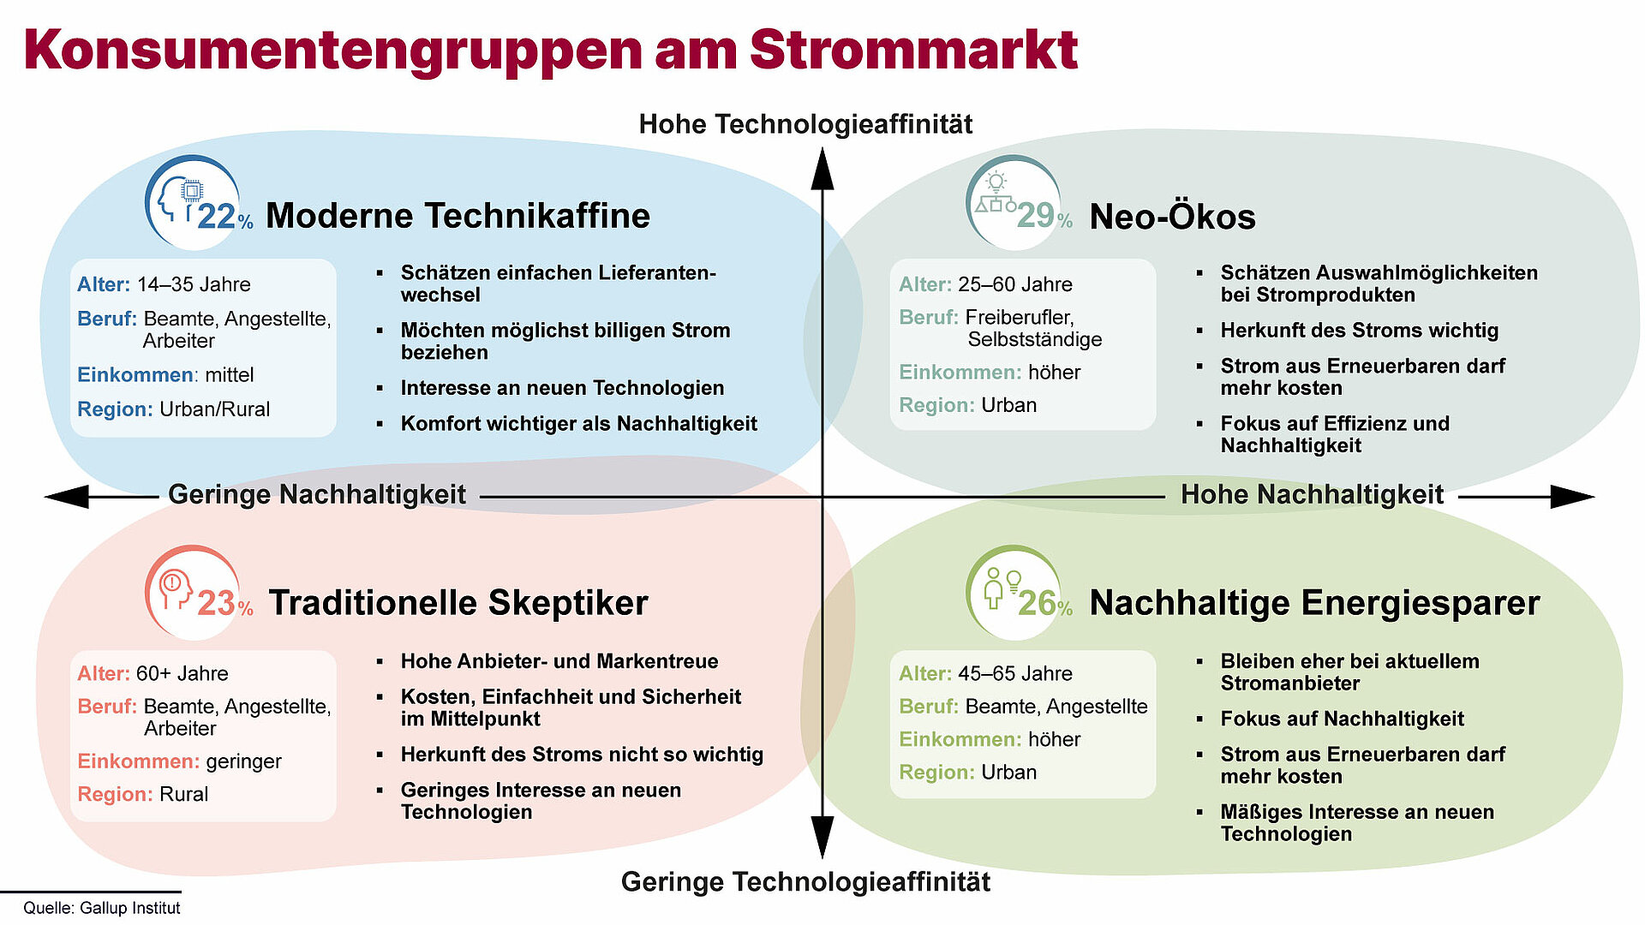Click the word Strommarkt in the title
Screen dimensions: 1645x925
pyautogui.click(x=913, y=50)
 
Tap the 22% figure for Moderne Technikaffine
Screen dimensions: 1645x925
pyautogui.click(x=225, y=217)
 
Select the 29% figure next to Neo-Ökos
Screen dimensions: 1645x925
pyautogui.click(x=1044, y=215)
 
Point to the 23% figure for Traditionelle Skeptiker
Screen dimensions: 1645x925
pyautogui.click(x=225, y=603)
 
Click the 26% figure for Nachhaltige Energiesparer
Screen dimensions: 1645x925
pyautogui.click(x=1044, y=603)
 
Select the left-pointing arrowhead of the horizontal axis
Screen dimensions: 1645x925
pyautogui.click(x=66, y=497)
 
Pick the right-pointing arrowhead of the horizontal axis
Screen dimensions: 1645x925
pyautogui.click(x=1572, y=497)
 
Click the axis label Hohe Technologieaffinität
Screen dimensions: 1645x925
pyautogui.click(x=805, y=124)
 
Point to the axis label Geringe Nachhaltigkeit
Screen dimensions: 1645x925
pyautogui.click(x=317, y=494)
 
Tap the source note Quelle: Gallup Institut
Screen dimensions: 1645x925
pyautogui.click(x=102, y=908)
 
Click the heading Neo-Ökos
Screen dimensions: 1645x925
pyautogui.click(x=1172, y=217)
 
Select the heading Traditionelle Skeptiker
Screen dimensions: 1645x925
pyautogui.click(x=458, y=603)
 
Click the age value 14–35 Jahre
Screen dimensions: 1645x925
pyautogui.click(x=194, y=284)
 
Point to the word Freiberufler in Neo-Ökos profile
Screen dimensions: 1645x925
pyautogui.click(x=1020, y=318)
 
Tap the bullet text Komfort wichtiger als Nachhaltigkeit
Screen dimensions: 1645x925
pyautogui.click(x=579, y=424)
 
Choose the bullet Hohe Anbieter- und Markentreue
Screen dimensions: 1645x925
pyautogui.click(x=559, y=661)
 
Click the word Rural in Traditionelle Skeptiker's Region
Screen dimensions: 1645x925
pyautogui.click(x=184, y=794)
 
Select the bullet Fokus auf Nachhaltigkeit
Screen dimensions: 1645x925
pyautogui.click(x=1343, y=719)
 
